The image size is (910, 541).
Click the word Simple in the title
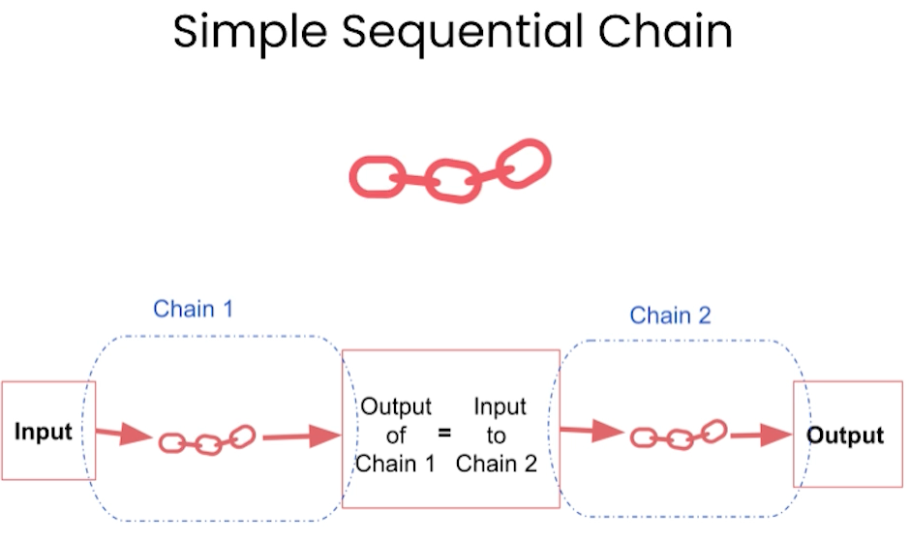[250, 33]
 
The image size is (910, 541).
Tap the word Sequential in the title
[463, 33]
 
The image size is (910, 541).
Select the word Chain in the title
[666, 31]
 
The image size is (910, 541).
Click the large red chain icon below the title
[450, 171]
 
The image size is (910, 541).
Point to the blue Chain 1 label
[194, 309]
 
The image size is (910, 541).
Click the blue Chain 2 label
[670, 316]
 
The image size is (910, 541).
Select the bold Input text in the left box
[43, 432]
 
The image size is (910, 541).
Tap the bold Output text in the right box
[845, 436]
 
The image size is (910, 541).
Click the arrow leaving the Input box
[124, 433]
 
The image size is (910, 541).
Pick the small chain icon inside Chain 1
[207, 440]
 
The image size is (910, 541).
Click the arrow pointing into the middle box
[302, 436]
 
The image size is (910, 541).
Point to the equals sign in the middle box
[444, 433]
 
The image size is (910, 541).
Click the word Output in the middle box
[396, 406]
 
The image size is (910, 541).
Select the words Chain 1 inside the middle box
[395, 464]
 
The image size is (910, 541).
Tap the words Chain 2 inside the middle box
[497, 464]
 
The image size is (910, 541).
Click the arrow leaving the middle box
[591, 431]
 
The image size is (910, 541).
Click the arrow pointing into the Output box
[761, 435]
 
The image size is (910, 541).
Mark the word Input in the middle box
[500, 407]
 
